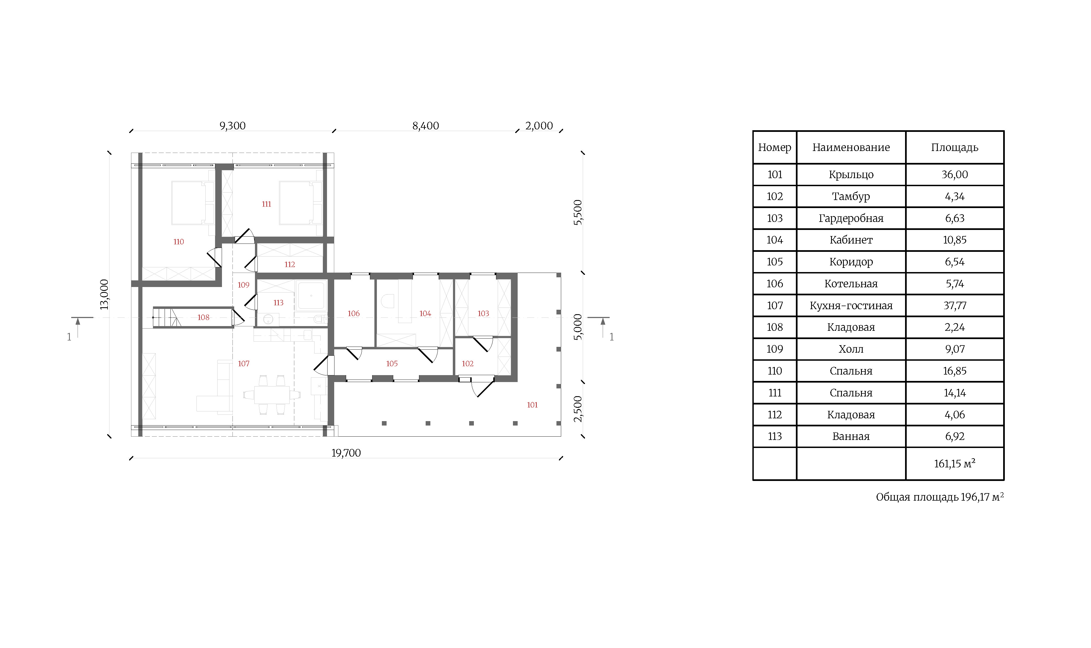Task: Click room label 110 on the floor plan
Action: pos(179,242)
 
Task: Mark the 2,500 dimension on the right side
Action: pos(578,409)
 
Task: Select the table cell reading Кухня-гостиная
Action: pos(851,306)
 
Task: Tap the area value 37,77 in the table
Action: pos(955,306)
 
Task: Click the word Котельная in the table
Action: pos(851,284)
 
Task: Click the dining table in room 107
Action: pos(272,395)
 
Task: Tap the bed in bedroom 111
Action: pos(300,203)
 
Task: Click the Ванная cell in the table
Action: pos(851,437)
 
